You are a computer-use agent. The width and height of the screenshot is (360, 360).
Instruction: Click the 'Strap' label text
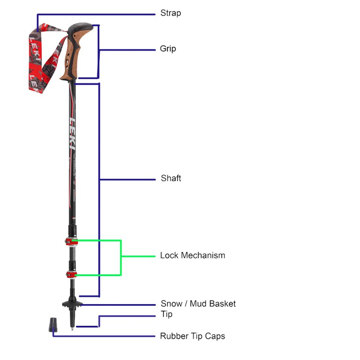coord(171,13)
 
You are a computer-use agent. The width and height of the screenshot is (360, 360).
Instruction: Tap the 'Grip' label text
coord(168,49)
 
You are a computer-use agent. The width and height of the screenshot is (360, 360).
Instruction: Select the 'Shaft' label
coord(171,178)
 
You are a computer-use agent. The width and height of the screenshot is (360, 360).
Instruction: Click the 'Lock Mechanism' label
coord(192,255)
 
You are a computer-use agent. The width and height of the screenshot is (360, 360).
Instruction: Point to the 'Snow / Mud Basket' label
coord(198,304)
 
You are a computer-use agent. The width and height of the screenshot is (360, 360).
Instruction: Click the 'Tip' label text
coord(166,315)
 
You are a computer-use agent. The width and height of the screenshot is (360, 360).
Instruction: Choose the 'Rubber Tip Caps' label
coord(192,336)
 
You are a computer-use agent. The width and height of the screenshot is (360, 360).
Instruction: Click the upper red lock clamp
coord(71,241)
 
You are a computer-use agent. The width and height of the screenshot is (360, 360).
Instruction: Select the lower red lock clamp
coord(71,274)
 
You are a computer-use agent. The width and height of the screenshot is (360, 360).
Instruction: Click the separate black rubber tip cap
coord(54,323)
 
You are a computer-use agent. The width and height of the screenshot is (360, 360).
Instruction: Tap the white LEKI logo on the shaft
coord(73,134)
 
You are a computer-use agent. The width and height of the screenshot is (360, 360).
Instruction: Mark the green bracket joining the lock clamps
coord(121,257)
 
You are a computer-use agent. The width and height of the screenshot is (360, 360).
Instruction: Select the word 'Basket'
coord(223,304)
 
